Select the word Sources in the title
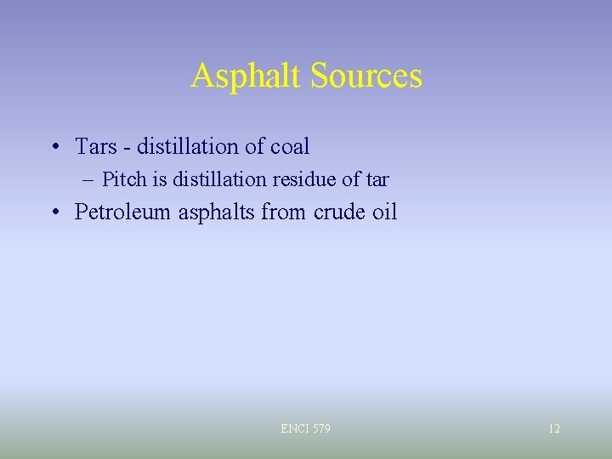[366, 76]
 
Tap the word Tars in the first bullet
[95, 147]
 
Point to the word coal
[290, 147]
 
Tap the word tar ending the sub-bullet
[377, 180]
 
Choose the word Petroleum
[123, 212]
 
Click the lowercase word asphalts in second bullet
[217, 212]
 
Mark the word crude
[340, 212]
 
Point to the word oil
[385, 212]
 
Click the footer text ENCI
[294, 429]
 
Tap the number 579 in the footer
[320, 429]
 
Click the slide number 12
[554, 429]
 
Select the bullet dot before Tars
[54, 148]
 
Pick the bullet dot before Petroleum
[54, 212]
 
